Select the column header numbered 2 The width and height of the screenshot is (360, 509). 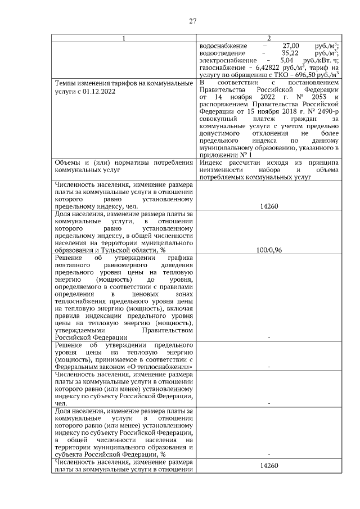(x=269, y=38)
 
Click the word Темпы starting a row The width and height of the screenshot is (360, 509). (x=66, y=83)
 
